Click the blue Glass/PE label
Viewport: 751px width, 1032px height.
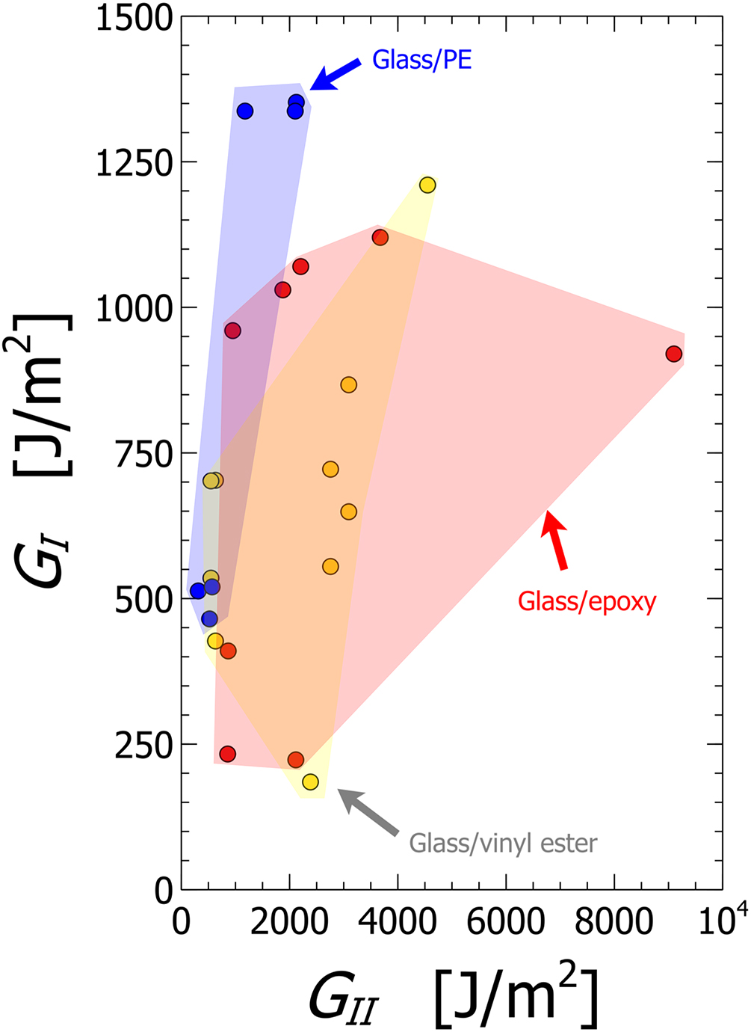pos(421,60)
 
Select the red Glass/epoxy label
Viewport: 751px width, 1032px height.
pos(587,601)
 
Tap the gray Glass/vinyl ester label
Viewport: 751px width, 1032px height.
pos(503,844)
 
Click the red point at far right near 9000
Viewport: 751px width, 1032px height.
pos(674,354)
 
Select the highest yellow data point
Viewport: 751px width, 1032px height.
pos(427,185)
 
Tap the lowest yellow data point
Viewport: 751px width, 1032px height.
pos(310,781)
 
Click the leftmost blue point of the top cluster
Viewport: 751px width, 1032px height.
pos(245,111)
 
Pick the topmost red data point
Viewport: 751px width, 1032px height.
pos(380,237)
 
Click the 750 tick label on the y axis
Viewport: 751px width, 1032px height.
pos(143,453)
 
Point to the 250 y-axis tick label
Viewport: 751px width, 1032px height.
pos(143,745)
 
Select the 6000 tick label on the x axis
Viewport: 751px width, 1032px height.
pos(505,922)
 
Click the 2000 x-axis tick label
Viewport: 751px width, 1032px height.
pos(288,922)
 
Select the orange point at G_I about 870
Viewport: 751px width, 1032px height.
pos(348,384)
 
